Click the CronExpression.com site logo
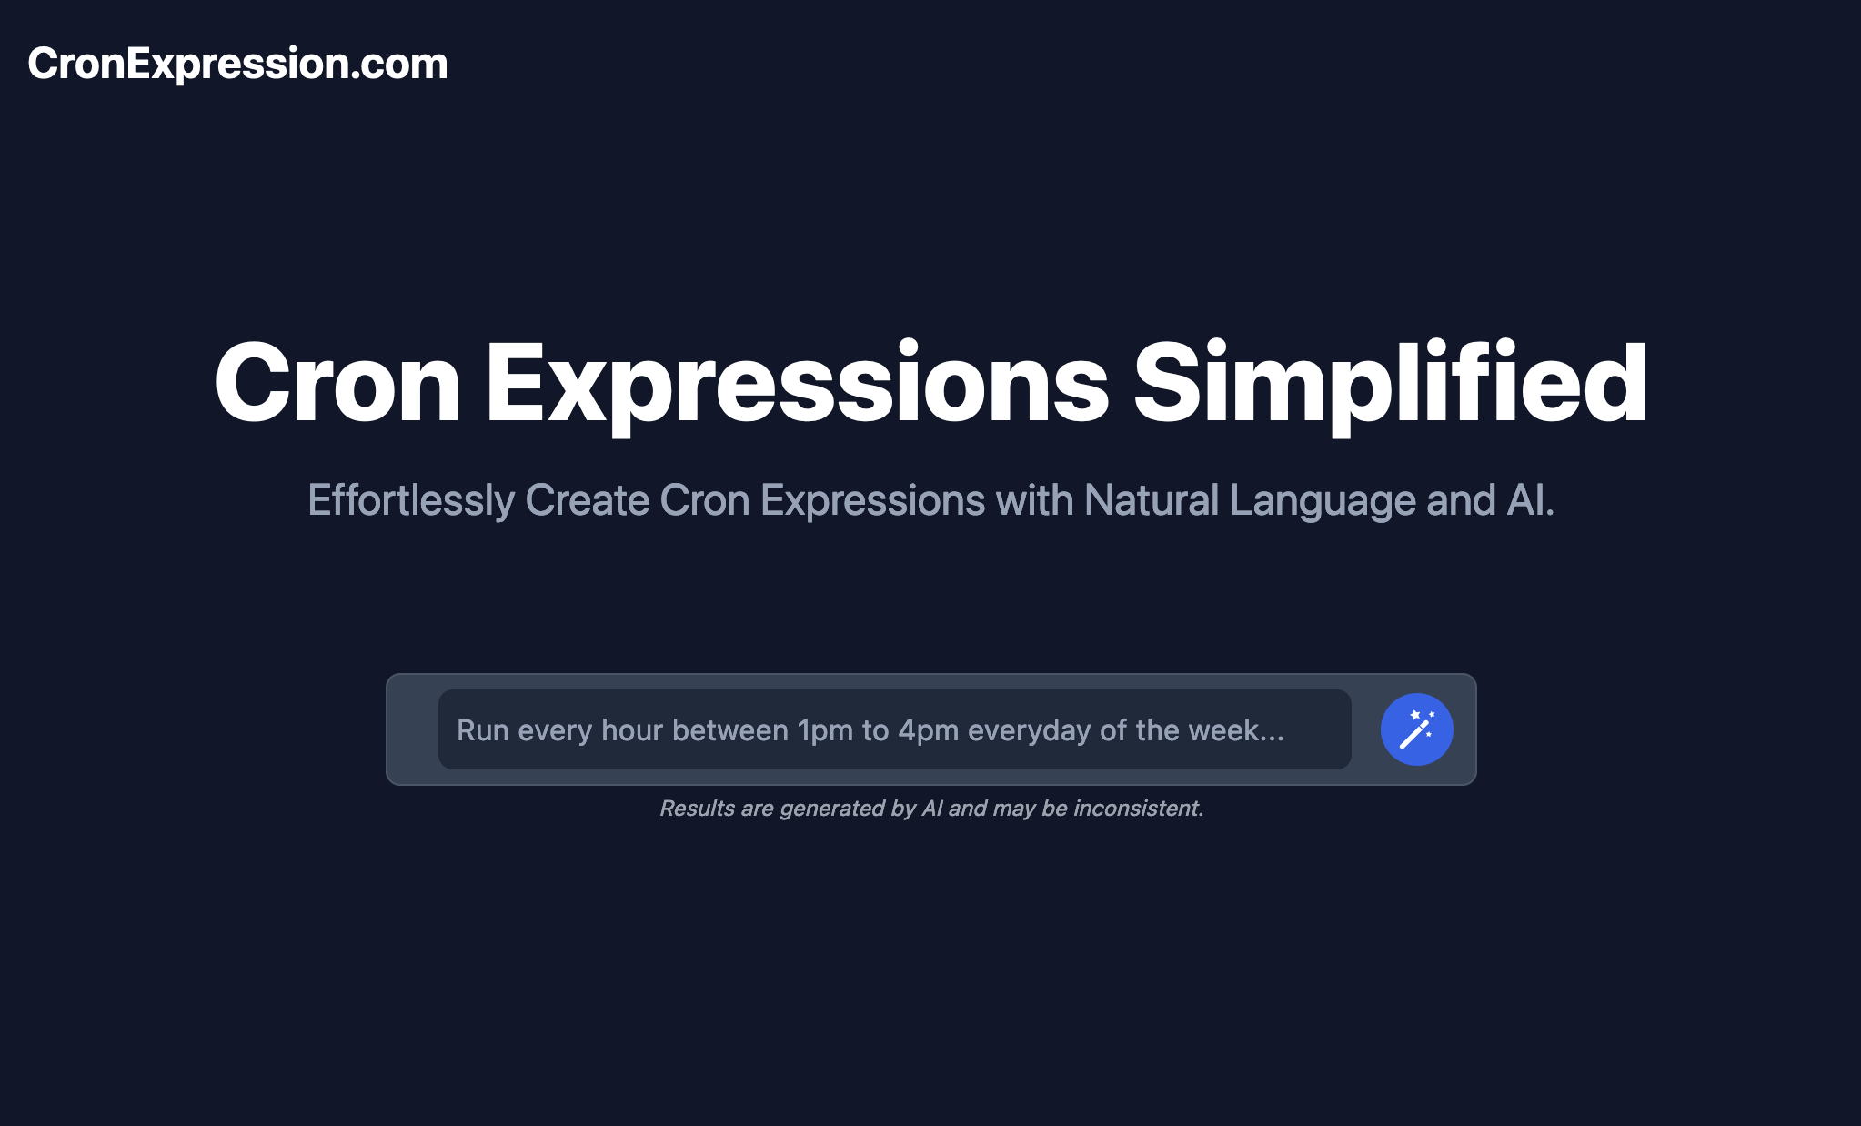coord(237,64)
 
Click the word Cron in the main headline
coord(337,383)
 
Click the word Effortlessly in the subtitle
coord(411,500)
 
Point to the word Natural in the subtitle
coord(1152,500)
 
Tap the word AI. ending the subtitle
coord(1531,500)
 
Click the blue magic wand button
coord(1416,729)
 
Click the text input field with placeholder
coord(894,729)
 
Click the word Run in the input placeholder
coord(483,730)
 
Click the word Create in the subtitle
coord(587,500)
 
